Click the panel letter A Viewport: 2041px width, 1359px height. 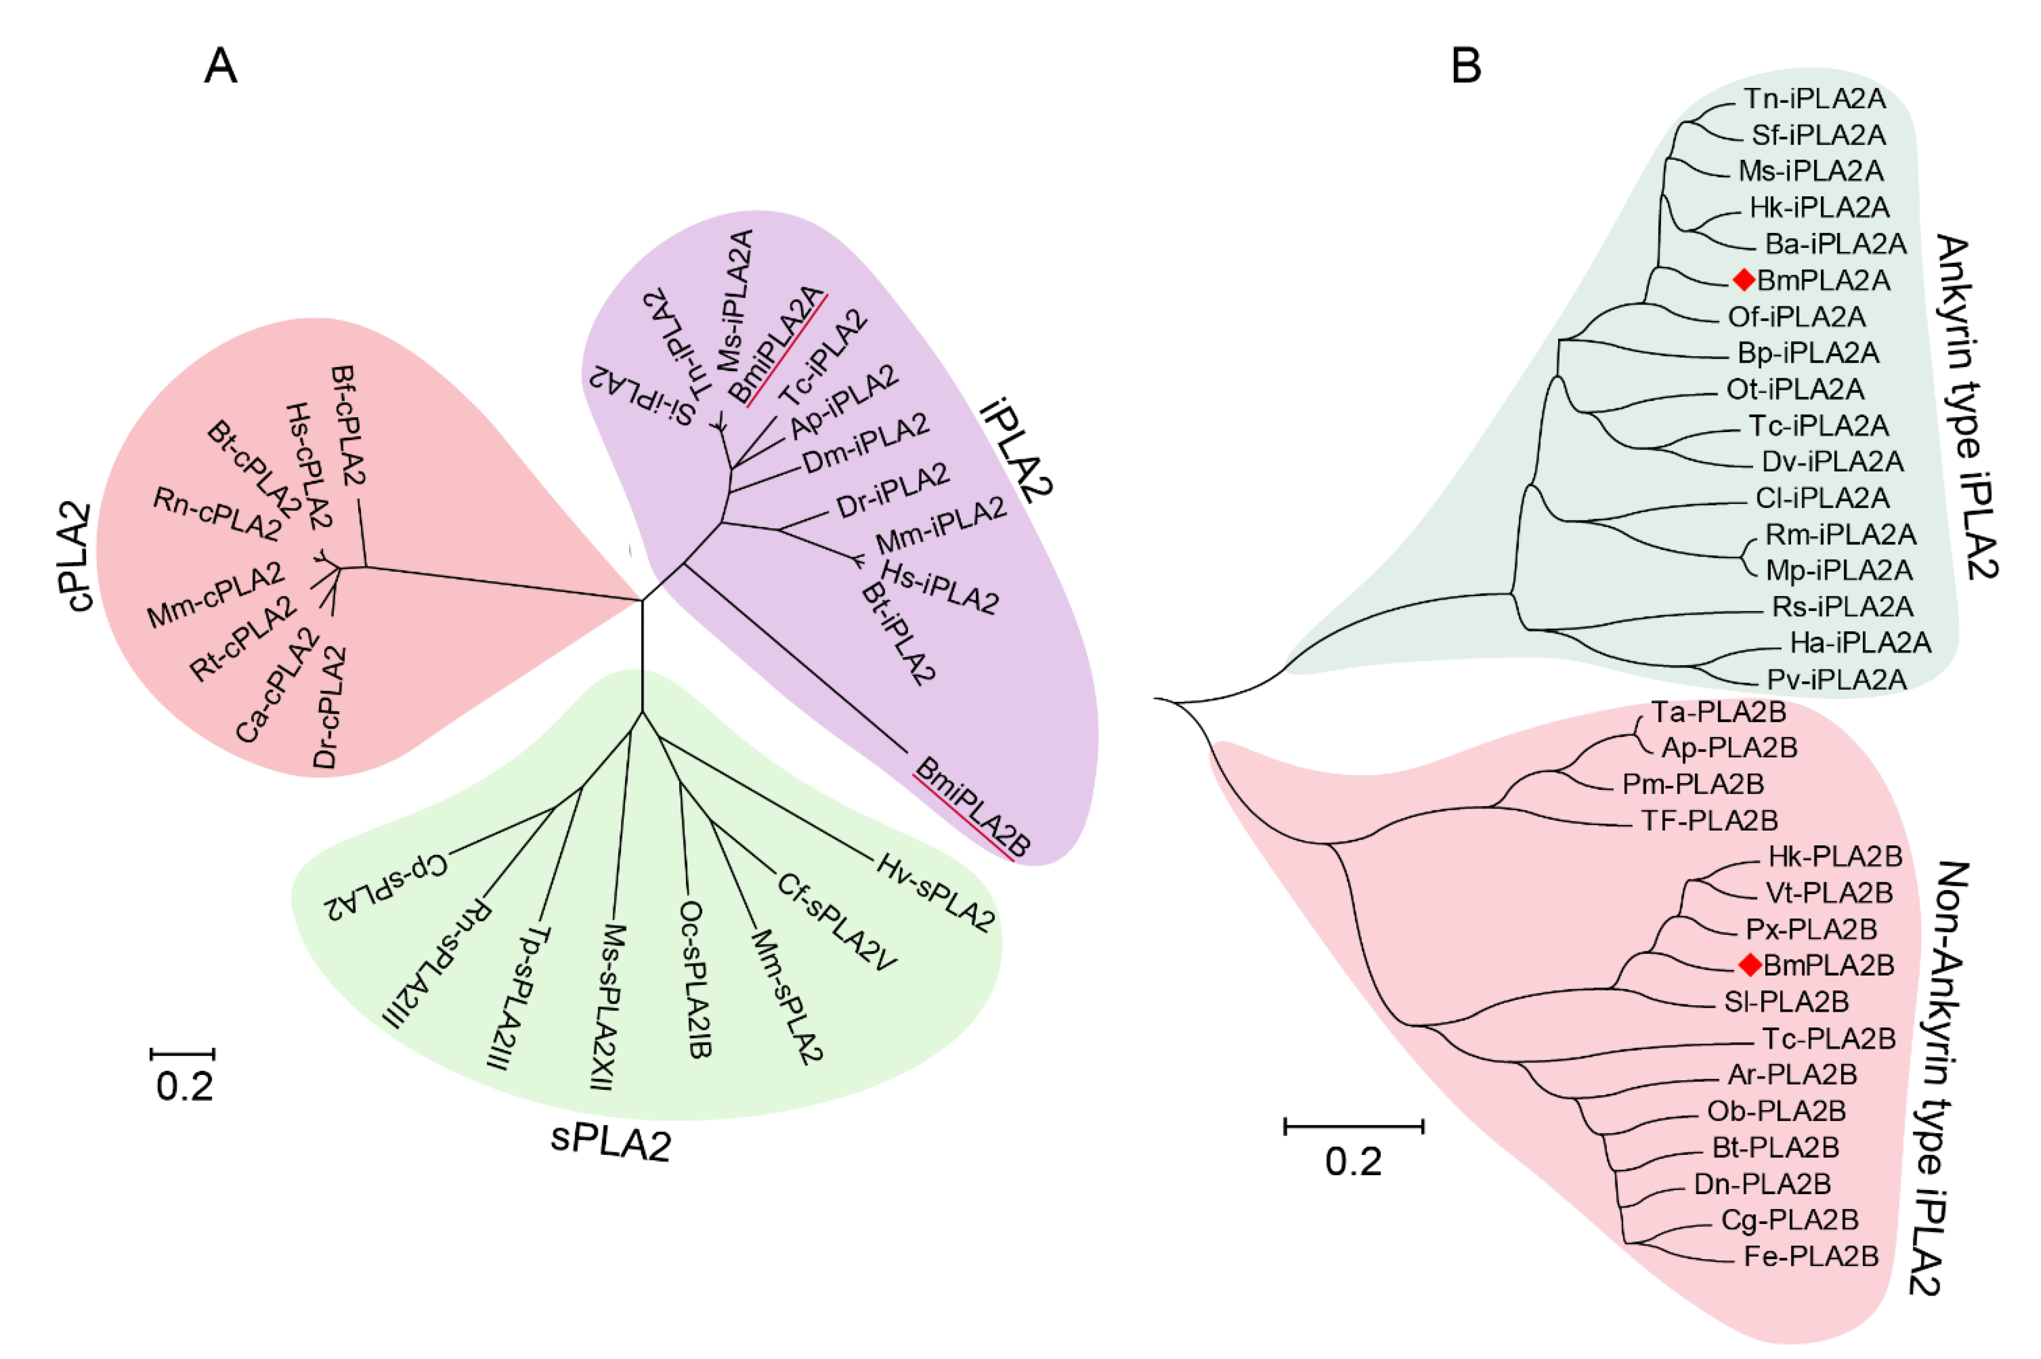(220, 66)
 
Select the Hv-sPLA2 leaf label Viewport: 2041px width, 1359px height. (934, 893)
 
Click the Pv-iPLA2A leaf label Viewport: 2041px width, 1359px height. (1836, 679)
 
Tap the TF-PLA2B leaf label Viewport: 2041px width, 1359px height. (1709, 820)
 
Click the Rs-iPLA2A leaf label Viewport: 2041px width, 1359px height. (1829, 606)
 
